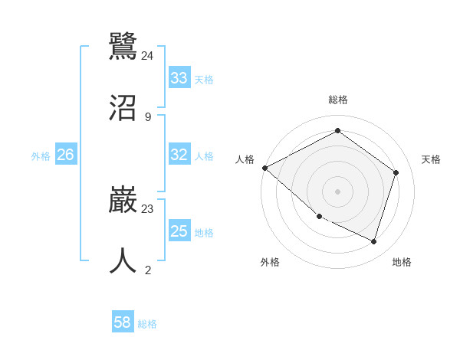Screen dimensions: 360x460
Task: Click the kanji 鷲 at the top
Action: point(123,45)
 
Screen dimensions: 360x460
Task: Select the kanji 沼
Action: point(123,107)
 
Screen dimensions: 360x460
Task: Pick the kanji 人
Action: point(123,260)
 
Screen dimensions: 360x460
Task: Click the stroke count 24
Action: point(148,55)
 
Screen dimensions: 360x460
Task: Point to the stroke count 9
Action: point(148,117)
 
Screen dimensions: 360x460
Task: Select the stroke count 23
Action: point(148,208)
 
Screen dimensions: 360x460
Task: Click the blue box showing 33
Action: point(179,77)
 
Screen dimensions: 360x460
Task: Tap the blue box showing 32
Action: point(179,155)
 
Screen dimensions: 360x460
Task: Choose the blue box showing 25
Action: point(179,231)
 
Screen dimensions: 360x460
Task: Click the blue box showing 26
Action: point(65,155)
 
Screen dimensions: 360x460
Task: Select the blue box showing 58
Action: point(123,322)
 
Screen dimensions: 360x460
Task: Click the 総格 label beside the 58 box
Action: point(147,324)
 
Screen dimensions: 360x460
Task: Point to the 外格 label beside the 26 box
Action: point(41,156)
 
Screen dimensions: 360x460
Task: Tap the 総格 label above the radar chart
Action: point(338,100)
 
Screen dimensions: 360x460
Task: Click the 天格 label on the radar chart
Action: point(431,159)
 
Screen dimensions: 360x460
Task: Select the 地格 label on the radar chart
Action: point(402,262)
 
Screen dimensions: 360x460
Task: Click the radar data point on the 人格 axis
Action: point(264,168)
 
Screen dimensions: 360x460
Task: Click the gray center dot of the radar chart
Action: point(337,191)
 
